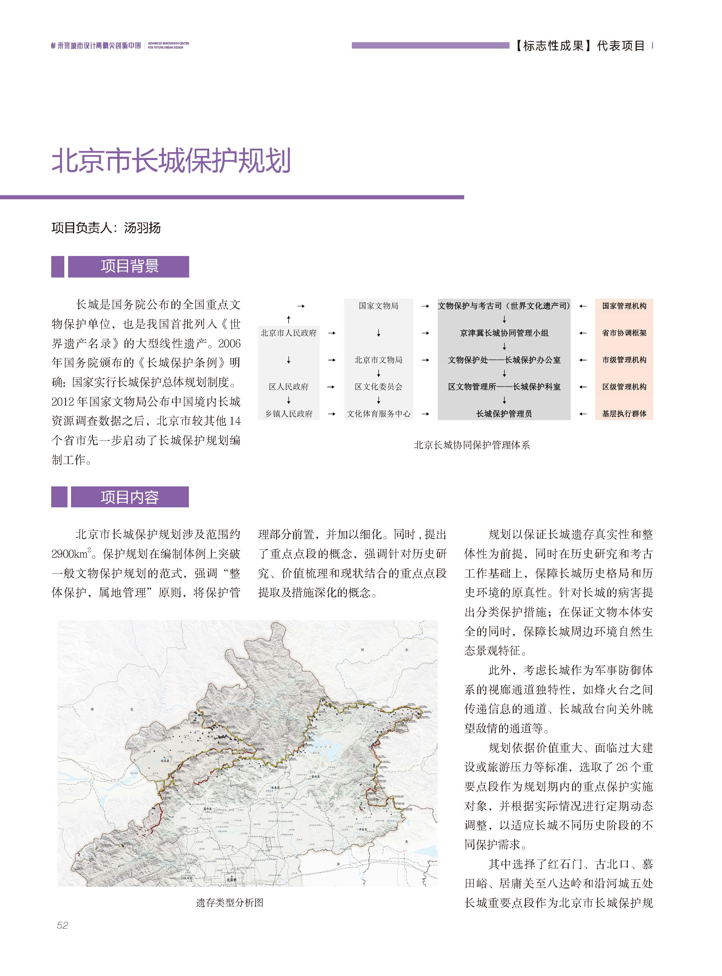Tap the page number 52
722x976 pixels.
[63, 925]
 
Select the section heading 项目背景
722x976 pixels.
[130, 266]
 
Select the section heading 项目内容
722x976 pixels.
[130, 497]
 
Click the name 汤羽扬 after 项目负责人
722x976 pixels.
[143, 227]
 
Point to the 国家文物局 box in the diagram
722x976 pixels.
[379, 306]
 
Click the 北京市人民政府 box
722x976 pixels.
[288, 333]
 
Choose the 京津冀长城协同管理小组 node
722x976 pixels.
[504, 333]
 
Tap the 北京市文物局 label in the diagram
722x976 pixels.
[379, 360]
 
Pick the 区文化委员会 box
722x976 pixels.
[379, 387]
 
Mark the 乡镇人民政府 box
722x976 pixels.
[288, 414]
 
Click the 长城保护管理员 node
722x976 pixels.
[504, 414]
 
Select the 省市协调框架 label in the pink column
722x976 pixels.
[624, 333]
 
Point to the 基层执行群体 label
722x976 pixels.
[624, 414]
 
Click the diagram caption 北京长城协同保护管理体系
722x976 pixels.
[471, 445]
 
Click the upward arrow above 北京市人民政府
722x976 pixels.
[288, 319]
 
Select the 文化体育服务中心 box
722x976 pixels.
[379, 414]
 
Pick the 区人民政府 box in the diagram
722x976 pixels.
[288, 387]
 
